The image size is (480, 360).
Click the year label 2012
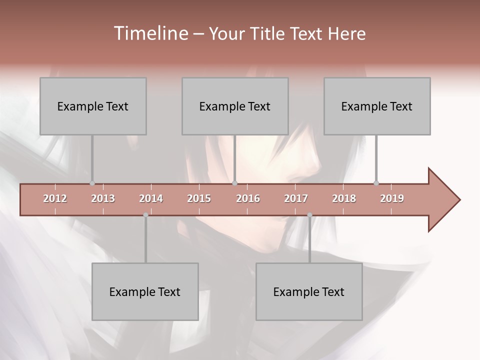(55, 198)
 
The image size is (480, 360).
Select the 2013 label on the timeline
(103, 198)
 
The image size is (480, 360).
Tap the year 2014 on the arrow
(151, 198)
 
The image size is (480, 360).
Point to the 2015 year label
(199, 198)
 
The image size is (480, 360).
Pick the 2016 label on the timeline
(248, 198)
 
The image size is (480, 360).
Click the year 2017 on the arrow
(296, 198)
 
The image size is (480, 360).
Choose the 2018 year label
(344, 198)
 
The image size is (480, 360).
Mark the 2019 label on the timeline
(392, 198)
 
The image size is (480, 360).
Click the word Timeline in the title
(150, 33)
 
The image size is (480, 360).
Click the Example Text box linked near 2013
(93, 106)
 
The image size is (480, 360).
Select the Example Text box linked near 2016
(235, 106)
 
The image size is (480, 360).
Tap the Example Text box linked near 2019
(377, 106)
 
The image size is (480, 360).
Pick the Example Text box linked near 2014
(145, 291)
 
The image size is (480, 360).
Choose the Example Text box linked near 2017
(309, 291)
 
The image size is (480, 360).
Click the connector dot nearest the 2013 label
(92, 183)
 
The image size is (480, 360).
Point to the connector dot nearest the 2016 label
(235, 183)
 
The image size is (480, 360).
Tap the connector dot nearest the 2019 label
(376, 183)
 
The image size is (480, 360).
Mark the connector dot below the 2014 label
(145, 215)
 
